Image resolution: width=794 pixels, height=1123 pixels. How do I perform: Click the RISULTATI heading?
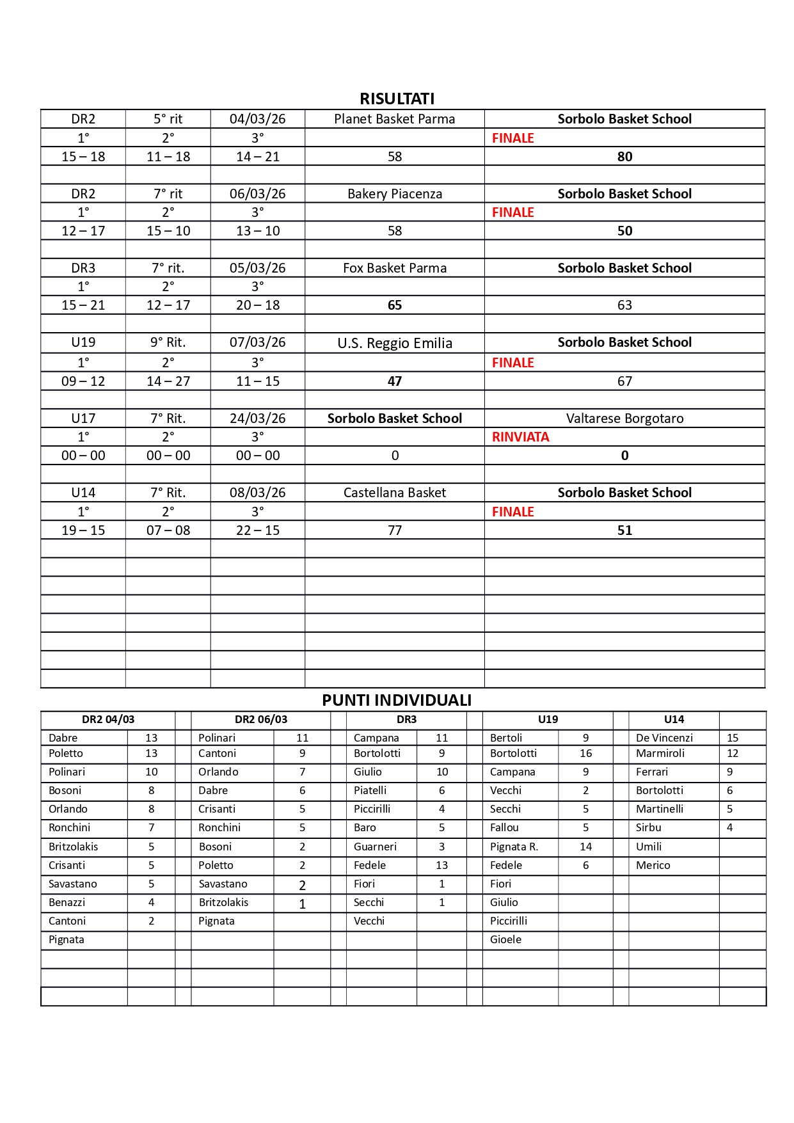click(397, 99)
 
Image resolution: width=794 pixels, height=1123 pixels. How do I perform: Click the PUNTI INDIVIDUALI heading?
click(397, 700)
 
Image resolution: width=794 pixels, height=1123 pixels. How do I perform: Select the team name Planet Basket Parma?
click(394, 119)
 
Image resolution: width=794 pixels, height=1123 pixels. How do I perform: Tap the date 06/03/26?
click(257, 194)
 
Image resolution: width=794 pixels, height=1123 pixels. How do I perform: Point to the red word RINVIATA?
click(520, 437)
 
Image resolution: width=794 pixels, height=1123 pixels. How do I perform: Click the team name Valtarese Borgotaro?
click(624, 418)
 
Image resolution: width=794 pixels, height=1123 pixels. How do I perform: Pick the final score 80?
click(624, 157)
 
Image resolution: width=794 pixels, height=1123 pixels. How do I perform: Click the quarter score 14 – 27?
click(168, 381)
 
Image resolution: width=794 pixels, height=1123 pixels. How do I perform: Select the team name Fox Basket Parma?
click(394, 268)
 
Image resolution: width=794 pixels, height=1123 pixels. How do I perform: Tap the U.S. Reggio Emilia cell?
click(394, 343)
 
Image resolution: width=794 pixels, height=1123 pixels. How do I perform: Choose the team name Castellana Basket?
click(394, 493)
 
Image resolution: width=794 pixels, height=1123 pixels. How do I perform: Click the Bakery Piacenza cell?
click(394, 194)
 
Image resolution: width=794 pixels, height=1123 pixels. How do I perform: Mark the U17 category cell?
click(83, 418)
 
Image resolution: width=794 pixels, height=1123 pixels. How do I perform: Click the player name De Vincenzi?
click(664, 738)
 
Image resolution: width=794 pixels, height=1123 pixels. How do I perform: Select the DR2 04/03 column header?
click(108, 719)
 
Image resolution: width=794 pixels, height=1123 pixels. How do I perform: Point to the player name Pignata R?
click(514, 847)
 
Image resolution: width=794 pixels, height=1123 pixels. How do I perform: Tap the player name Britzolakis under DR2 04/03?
click(74, 847)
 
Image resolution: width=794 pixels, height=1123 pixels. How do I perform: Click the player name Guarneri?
click(375, 847)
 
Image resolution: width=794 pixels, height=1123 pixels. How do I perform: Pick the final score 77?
click(394, 530)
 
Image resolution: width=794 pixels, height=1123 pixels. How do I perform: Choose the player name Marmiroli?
click(660, 753)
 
